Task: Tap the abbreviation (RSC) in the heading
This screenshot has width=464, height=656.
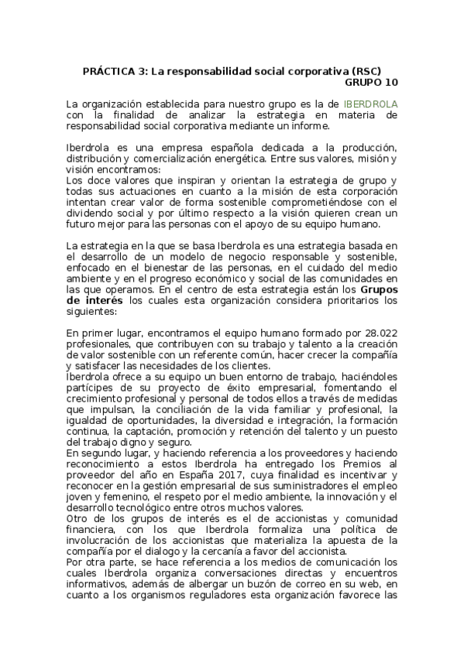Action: [x=366, y=70]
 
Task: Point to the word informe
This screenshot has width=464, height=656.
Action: [x=308, y=125]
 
